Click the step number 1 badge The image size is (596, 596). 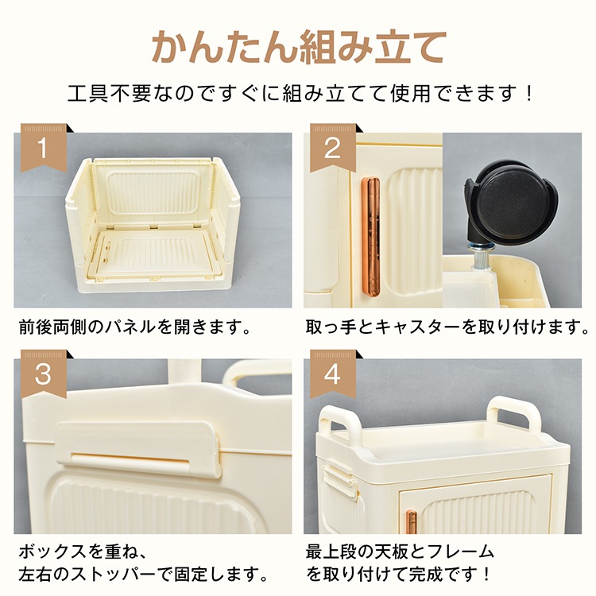pos(44,148)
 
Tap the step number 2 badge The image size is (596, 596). pos(333,148)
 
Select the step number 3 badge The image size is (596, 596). pos(44,374)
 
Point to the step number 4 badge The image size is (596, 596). pos(333,374)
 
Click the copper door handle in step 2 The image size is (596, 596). pos(370,237)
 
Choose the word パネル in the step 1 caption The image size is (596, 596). pos(130,327)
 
